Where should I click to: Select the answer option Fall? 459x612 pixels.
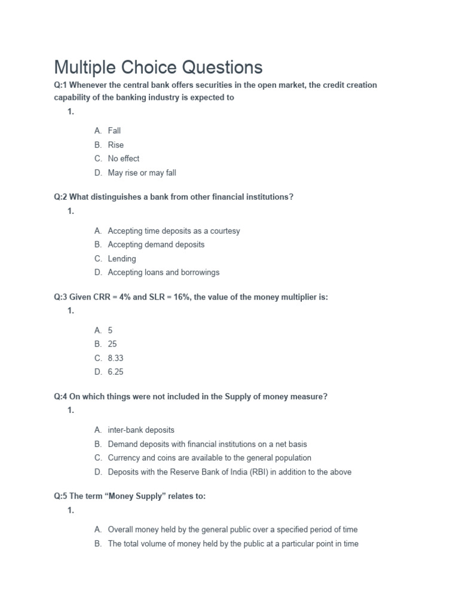[x=114, y=130]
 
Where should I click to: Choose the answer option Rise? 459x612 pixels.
[x=115, y=145]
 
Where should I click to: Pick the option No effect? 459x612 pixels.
[x=123, y=159]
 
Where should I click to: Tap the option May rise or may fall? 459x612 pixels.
[x=142, y=173]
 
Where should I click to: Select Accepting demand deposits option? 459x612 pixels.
[x=156, y=244]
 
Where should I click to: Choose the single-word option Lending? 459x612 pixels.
[x=122, y=259]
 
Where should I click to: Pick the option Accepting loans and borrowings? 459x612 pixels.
[x=163, y=273]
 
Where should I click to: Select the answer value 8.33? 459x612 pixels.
[x=115, y=358]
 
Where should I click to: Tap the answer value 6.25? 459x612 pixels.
[x=115, y=372]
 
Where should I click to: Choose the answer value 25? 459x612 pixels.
[x=112, y=344]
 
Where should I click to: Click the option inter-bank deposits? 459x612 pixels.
[x=141, y=430]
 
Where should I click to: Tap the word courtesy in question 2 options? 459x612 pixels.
[x=222, y=231]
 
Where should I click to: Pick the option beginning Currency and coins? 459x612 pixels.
[x=209, y=458]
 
